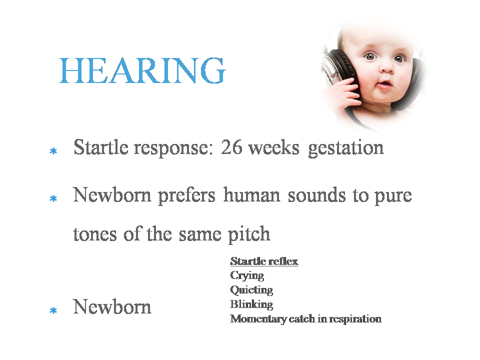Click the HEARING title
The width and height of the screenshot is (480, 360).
(142, 70)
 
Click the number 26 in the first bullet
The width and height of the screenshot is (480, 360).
(231, 147)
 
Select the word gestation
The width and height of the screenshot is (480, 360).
(345, 148)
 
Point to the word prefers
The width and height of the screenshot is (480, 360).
(186, 196)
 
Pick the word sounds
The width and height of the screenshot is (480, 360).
(316, 195)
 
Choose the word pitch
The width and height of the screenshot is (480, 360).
(249, 234)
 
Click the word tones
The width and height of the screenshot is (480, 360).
(95, 235)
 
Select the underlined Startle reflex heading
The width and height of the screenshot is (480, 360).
(264, 261)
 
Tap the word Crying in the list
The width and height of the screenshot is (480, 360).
(247, 276)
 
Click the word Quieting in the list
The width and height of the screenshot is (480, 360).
(251, 290)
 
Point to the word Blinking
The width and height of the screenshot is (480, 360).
(251, 304)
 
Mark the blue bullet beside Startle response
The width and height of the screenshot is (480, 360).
(53, 151)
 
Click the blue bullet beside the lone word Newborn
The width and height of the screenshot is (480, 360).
(53, 310)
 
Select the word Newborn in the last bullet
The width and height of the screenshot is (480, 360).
(112, 306)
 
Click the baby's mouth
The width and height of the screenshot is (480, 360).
(383, 84)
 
